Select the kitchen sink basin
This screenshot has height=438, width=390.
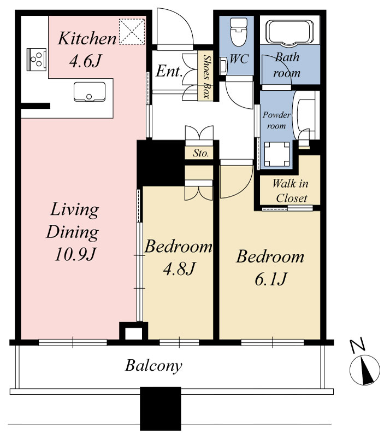point(89,92)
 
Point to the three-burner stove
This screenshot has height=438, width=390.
point(36,60)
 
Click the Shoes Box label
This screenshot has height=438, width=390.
point(206,76)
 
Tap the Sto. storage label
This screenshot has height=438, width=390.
point(200,153)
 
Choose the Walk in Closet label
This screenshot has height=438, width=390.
point(291,191)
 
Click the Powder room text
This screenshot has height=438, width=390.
point(276,120)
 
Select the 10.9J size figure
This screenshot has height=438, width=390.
point(75,254)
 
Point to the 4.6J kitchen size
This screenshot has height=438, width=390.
point(85,61)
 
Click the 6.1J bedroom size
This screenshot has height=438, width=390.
point(270,279)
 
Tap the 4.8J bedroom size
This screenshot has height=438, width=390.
point(179,268)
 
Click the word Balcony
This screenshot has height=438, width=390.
point(153,366)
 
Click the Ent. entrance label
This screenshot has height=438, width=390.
point(169,71)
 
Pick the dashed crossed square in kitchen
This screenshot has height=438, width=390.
point(132,32)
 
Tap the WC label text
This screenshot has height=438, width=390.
point(239,59)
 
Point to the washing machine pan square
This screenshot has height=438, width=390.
point(277,154)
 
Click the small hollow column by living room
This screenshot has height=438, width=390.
point(133,331)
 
